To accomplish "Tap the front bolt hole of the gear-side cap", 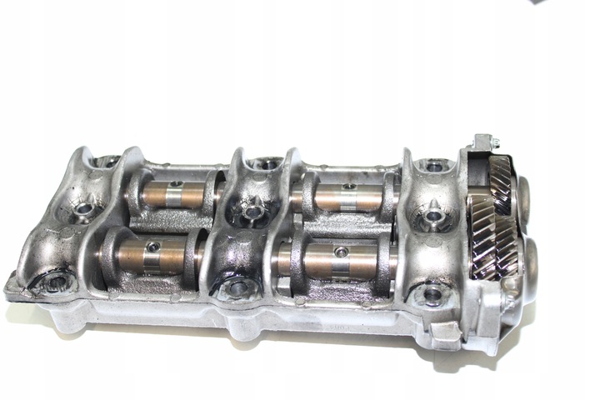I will click(432, 293).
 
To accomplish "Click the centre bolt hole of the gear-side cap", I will click(432, 219).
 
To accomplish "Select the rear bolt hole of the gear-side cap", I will click(433, 167).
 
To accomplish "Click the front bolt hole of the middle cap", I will click(237, 288).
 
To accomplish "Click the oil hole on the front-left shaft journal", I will click(153, 245).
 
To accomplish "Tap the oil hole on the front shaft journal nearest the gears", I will click(339, 250).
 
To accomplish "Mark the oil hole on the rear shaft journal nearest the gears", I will click(351, 187).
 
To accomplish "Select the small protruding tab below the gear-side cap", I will click(447, 334).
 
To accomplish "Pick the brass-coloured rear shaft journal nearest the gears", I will click(344, 198).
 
